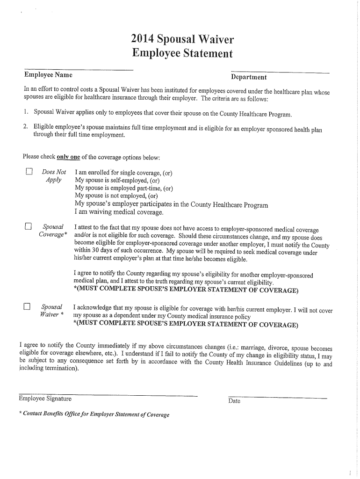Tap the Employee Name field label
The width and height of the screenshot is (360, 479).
(48, 75)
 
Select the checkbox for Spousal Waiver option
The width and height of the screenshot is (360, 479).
(28, 307)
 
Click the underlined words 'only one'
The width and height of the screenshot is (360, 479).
(68, 156)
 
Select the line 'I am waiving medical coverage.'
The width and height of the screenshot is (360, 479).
(119, 213)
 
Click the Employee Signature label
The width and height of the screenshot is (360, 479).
(45, 399)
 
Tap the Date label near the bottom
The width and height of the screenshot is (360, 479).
(234, 401)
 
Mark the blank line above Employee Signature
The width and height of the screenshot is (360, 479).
(108, 394)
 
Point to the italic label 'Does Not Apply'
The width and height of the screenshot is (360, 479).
(53, 176)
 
